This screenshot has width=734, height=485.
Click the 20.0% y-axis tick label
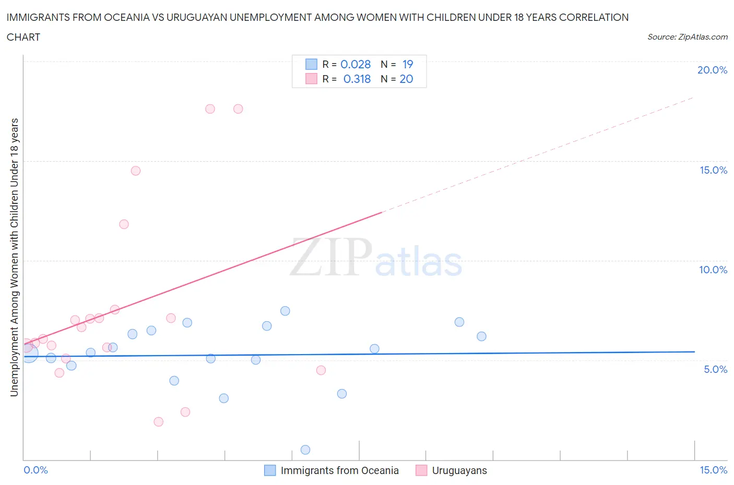(x=712, y=70)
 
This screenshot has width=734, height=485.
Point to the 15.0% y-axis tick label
(x=713, y=170)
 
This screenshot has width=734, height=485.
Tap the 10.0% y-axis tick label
(x=713, y=270)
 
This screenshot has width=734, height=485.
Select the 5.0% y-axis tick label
(x=715, y=369)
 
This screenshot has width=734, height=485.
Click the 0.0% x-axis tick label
(x=35, y=470)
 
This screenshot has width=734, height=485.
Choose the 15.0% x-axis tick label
(x=713, y=470)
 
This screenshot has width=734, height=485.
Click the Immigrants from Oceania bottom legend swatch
(x=270, y=470)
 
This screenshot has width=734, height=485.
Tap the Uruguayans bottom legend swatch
(x=421, y=470)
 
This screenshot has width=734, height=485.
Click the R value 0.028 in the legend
(x=356, y=64)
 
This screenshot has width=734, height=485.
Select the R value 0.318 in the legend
(x=357, y=79)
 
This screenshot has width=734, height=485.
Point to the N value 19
(x=408, y=64)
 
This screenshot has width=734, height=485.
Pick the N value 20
(x=406, y=79)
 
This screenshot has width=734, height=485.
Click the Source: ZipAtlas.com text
(x=687, y=37)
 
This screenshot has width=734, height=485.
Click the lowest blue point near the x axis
(x=305, y=450)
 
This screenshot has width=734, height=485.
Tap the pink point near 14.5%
(x=136, y=171)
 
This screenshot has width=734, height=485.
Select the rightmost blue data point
(x=481, y=336)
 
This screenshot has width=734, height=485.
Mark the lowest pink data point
(x=159, y=421)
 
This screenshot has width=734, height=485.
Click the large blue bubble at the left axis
(x=28, y=353)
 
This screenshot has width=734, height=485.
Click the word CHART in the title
(x=23, y=37)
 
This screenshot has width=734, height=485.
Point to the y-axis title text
(x=15, y=257)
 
